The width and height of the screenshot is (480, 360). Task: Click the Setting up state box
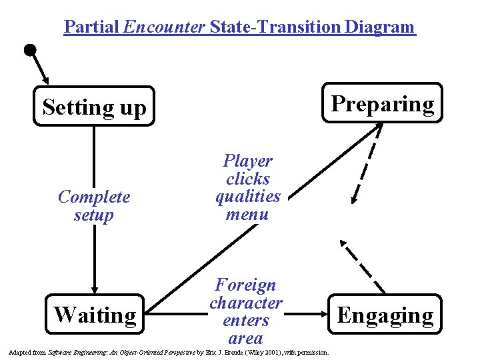click(x=94, y=106)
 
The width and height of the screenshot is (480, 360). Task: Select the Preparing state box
click(x=382, y=103)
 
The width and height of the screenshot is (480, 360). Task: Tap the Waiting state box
click(x=95, y=314)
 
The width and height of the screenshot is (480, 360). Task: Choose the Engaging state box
click(x=385, y=315)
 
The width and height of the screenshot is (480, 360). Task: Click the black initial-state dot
click(x=29, y=50)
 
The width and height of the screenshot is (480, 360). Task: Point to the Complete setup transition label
click(x=94, y=206)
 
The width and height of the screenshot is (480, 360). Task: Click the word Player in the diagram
click(x=247, y=161)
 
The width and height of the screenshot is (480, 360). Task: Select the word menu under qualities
click(x=247, y=215)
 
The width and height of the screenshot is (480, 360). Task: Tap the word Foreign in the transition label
click(x=246, y=285)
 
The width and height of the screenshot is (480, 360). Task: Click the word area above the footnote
click(x=245, y=338)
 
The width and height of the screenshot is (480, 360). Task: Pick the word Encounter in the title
click(x=165, y=27)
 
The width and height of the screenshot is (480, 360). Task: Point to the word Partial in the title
click(x=91, y=27)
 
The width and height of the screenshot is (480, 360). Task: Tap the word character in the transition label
click(x=246, y=303)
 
